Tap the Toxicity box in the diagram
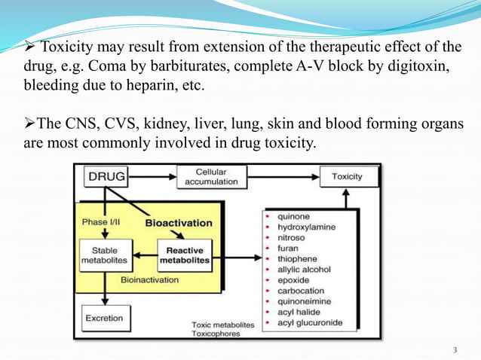pyautogui.click(x=342, y=177)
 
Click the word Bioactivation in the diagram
pyautogui.click(x=179, y=223)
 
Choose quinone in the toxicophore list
pyautogui.click(x=293, y=215)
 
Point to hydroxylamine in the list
pyautogui.click(x=306, y=226)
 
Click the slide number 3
pyautogui.click(x=455, y=349)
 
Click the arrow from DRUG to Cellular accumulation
pyautogui.click(x=153, y=177)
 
